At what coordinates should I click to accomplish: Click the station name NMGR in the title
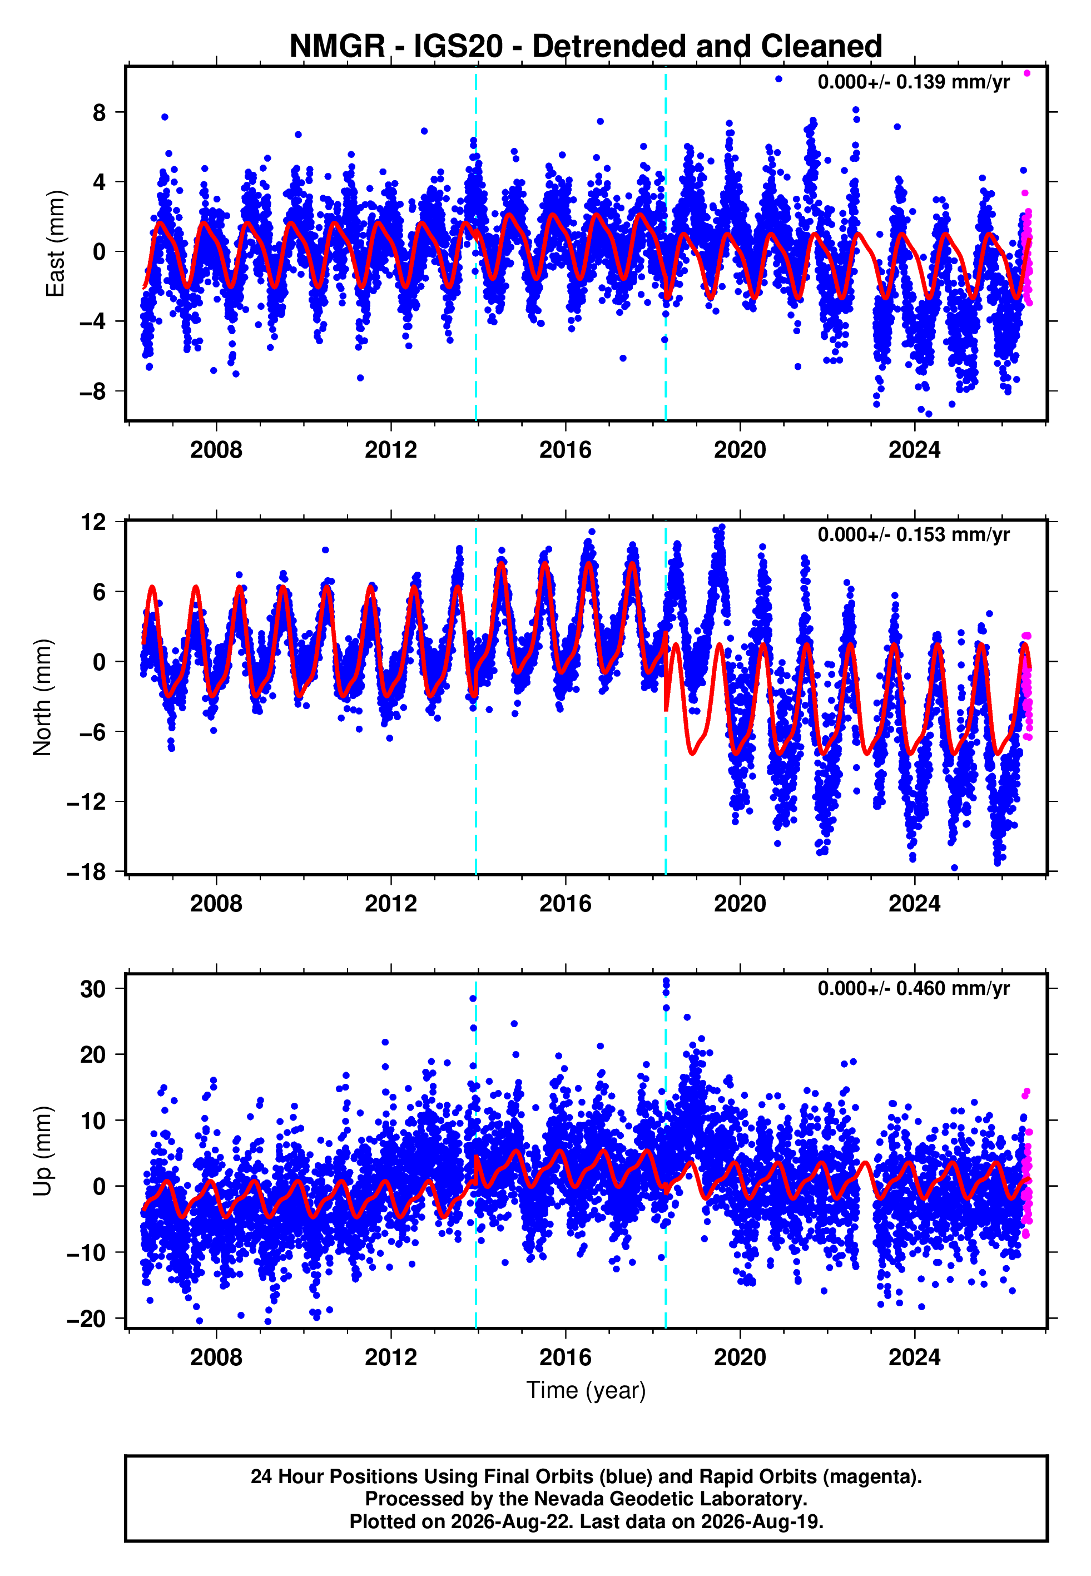click(338, 47)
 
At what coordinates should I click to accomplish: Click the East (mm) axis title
click(54, 244)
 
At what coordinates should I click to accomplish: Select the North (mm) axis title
click(42, 697)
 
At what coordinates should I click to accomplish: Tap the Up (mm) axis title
click(42, 1151)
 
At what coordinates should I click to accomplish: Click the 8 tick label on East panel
click(100, 112)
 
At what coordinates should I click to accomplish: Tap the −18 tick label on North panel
click(87, 872)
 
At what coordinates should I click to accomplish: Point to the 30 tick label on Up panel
click(93, 989)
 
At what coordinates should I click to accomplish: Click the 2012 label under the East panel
click(391, 450)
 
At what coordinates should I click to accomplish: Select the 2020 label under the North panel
click(740, 904)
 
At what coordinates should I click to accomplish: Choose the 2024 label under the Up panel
click(915, 1357)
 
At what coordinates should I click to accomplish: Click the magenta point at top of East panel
click(1026, 73)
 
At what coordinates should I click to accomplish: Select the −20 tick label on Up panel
click(87, 1319)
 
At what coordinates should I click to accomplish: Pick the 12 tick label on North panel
click(93, 522)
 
